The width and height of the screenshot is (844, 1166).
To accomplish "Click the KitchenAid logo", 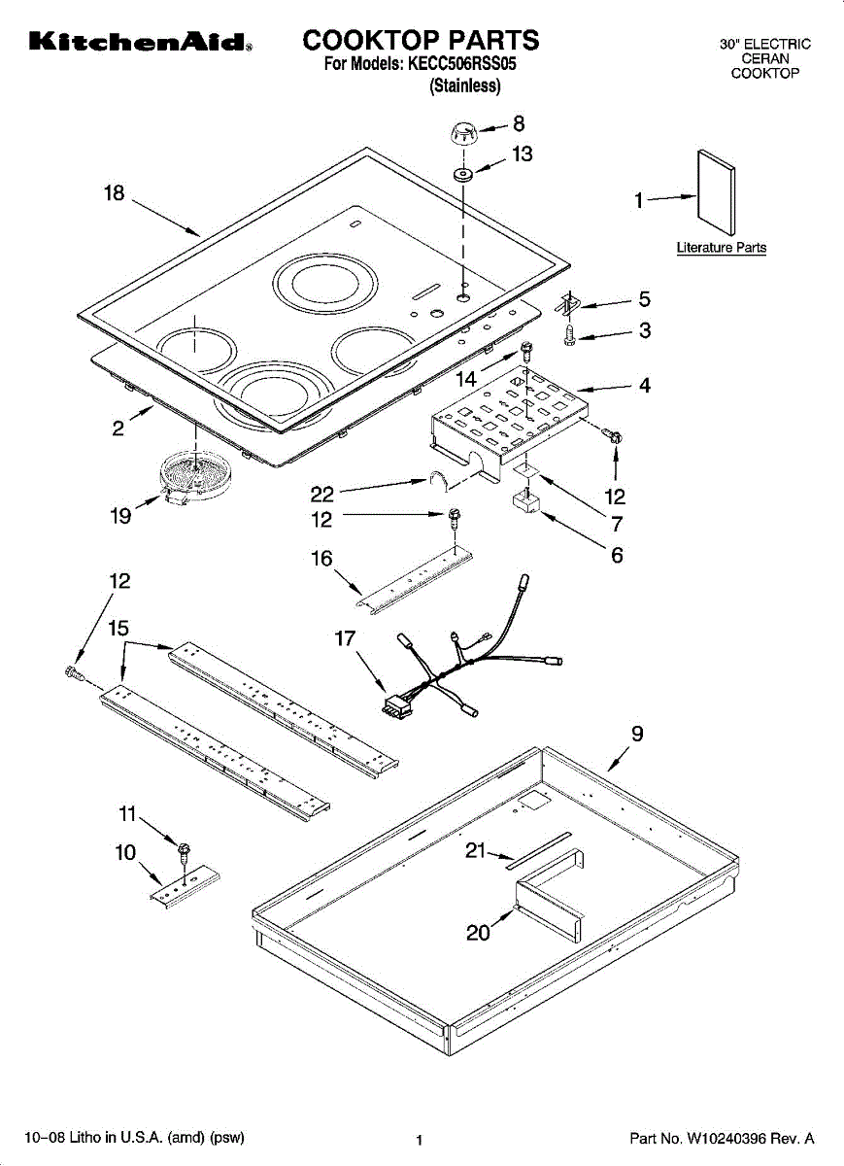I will coord(142,43).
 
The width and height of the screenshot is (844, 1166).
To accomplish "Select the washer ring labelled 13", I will coord(462,176).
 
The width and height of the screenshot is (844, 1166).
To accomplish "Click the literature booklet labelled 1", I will coord(717,199).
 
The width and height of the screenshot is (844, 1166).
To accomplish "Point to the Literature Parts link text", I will coord(721,248).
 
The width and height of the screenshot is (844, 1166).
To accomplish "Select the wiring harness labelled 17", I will coord(456,661).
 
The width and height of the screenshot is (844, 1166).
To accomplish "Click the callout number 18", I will coord(115,193).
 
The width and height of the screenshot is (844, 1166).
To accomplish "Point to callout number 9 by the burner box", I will coord(637,735).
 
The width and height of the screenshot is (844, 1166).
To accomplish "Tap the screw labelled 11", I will coord(181,852).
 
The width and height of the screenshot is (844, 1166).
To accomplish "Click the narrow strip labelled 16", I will coord(413,588).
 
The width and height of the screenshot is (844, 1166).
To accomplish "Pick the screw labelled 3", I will coord(572,334).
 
